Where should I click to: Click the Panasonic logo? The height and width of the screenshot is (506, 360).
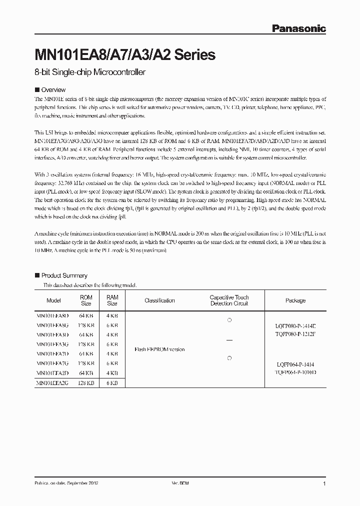click(x=298, y=28)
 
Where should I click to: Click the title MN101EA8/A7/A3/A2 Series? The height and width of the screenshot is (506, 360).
click(x=124, y=54)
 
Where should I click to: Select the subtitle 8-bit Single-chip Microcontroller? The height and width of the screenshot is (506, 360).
click(x=89, y=72)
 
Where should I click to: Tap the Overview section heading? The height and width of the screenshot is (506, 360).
click(x=53, y=90)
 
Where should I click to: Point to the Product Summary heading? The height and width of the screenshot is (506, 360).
click(x=64, y=275)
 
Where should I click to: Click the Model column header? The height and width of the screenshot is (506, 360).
click(x=53, y=300)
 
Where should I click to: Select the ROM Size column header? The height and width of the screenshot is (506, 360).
click(x=86, y=300)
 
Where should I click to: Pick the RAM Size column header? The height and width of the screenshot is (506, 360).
click(x=112, y=300)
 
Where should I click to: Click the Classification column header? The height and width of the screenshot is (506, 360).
click(x=159, y=300)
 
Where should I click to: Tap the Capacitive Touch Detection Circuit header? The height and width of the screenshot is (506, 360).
click(x=229, y=300)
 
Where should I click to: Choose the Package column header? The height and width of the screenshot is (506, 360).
click(x=295, y=300)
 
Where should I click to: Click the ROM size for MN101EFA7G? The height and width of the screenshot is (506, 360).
click(x=86, y=363)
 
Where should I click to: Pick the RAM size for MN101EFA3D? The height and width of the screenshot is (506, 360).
click(x=112, y=335)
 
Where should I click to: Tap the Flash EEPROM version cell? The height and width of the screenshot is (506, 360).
click(x=159, y=349)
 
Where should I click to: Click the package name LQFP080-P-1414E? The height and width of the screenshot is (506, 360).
click(x=295, y=325)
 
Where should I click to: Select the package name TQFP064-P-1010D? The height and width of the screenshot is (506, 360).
click(x=295, y=372)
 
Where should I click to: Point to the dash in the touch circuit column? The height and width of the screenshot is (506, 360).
click(x=229, y=340)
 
